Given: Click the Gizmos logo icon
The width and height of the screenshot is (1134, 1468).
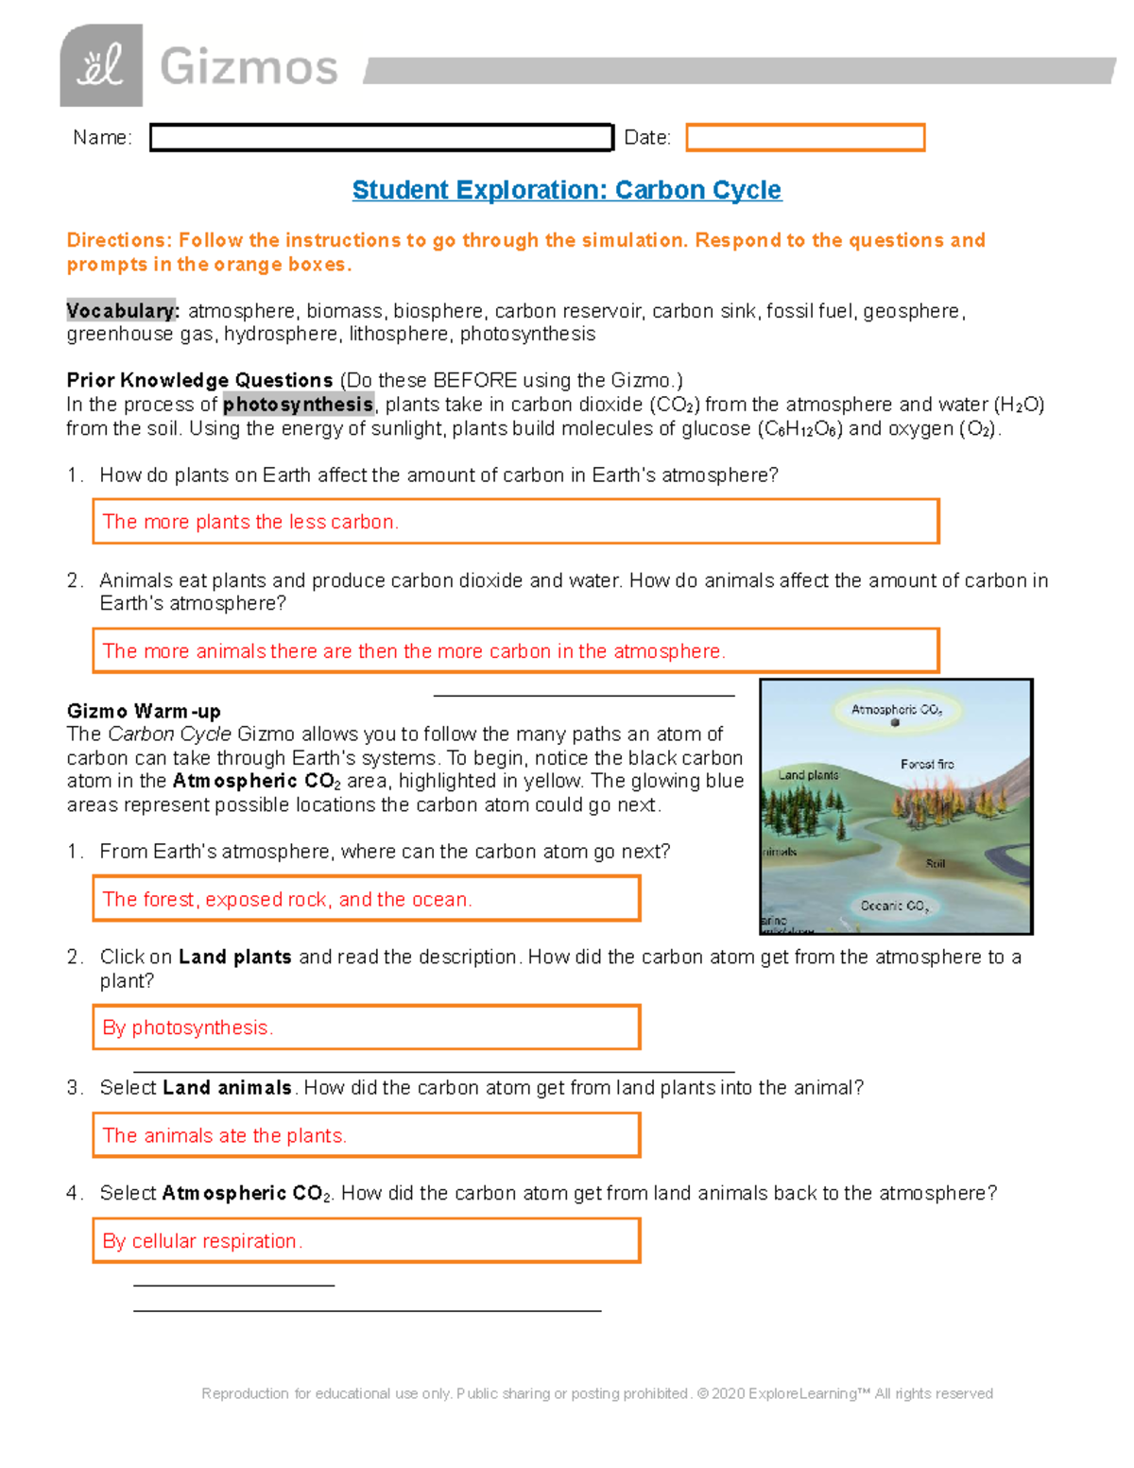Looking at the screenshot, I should pyautogui.click(x=101, y=66).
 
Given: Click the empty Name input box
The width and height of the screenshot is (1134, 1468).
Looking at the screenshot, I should pyautogui.click(x=381, y=138).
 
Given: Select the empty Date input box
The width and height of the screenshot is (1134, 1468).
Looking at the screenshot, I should pyautogui.click(x=804, y=138).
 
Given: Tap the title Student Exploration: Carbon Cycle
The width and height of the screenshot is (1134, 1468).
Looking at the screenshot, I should pyautogui.click(x=566, y=190).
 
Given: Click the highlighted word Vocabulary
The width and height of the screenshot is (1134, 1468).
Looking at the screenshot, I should pyautogui.click(x=121, y=311).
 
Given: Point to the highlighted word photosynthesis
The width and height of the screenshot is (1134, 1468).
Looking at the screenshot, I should pyautogui.click(x=298, y=405).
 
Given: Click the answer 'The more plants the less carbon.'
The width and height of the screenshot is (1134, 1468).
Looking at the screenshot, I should pyautogui.click(x=250, y=522).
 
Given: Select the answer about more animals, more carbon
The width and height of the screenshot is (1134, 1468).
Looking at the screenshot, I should pyautogui.click(x=413, y=651).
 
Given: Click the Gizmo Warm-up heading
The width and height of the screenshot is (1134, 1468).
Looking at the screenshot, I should pyautogui.click(x=144, y=711).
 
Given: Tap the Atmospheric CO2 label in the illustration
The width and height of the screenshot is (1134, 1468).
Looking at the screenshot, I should pyautogui.click(x=896, y=710).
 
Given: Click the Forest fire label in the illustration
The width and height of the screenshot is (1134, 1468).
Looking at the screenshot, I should pyautogui.click(x=927, y=764).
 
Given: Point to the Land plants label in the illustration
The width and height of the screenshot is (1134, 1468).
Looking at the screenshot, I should pyautogui.click(x=808, y=775).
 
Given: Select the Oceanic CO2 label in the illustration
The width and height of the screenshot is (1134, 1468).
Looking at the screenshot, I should pyautogui.click(x=894, y=906).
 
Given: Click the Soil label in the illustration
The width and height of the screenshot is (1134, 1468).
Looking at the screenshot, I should pyautogui.click(x=935, y=863).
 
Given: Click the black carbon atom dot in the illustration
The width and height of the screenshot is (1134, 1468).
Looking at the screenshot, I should pyautogui.click(x=895, y=723).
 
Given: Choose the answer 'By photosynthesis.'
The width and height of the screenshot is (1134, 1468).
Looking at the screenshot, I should pyautogui.click(x=187, y=1028).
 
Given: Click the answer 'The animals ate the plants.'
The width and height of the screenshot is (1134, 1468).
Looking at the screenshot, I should pyautogui.click(x=224, y=1135).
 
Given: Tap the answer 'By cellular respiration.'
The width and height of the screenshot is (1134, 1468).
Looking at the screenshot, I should pyautogui.click(x=202, y=1241).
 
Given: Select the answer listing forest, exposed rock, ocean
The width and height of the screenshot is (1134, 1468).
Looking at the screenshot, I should pyautogui.click(x=286, y=899).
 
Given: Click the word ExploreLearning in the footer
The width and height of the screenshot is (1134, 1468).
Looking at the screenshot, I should pyautogui.click(x=802, y=1393).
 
